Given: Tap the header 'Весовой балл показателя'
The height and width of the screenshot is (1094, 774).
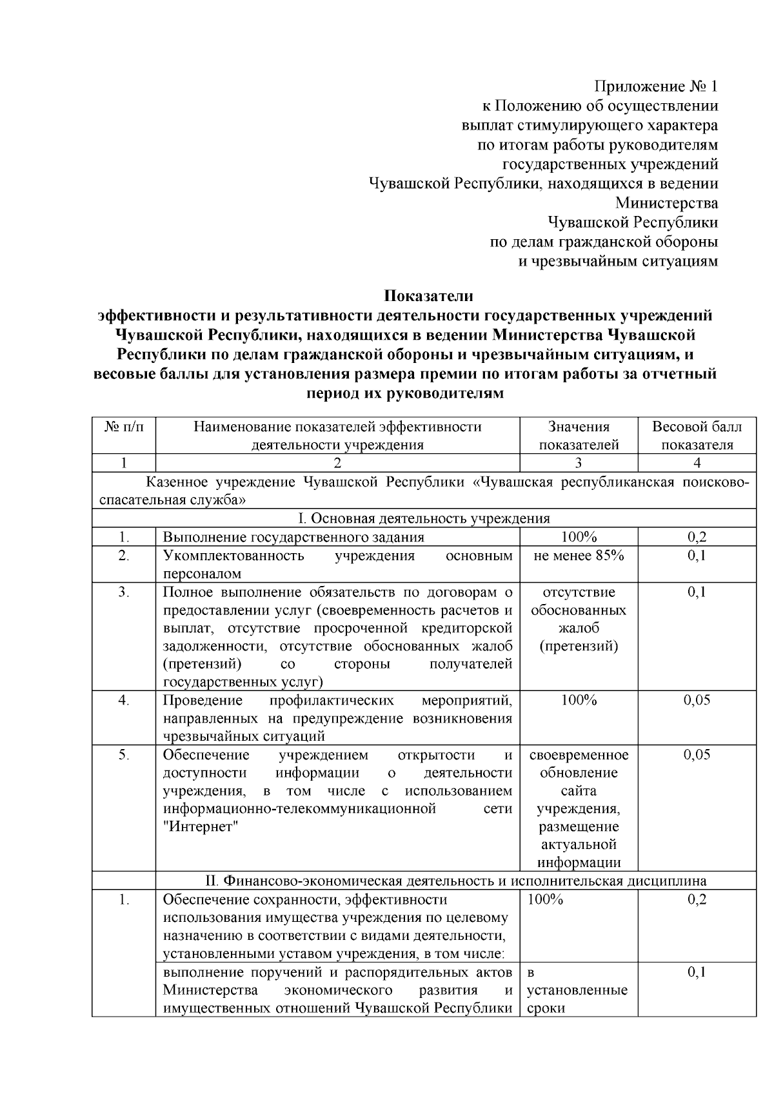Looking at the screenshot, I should pyautogui.click(x=697, y=436).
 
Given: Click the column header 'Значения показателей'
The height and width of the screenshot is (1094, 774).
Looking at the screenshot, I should pyautogui.click(x=579, y=436).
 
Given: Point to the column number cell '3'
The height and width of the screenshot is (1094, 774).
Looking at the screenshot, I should pyautogui.click(x=579, y=463).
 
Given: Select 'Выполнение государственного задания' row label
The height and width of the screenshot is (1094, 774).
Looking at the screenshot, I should pyautogui.click(x=293, y=538).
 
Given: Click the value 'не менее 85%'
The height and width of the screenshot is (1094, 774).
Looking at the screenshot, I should pyautogui.click(x=579, y=556).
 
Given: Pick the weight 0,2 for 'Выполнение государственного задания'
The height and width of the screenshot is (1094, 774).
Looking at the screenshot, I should pyautogui.click(x=697, y=538).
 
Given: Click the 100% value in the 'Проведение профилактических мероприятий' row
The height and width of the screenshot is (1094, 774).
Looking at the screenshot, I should pyautogui.click(x=579, y=701).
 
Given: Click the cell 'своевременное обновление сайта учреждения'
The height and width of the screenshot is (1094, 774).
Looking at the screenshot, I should pyautogui.click(x=579, y=782).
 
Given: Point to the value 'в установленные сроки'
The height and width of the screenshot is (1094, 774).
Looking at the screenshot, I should pyautogui.click(x=577, y=990).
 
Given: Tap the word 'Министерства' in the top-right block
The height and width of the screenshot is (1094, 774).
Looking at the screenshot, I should pyautogui.click(x=666, y=203).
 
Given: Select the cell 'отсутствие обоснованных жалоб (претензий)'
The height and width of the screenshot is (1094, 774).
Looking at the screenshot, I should pyautogui.click(x=579, y=619).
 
